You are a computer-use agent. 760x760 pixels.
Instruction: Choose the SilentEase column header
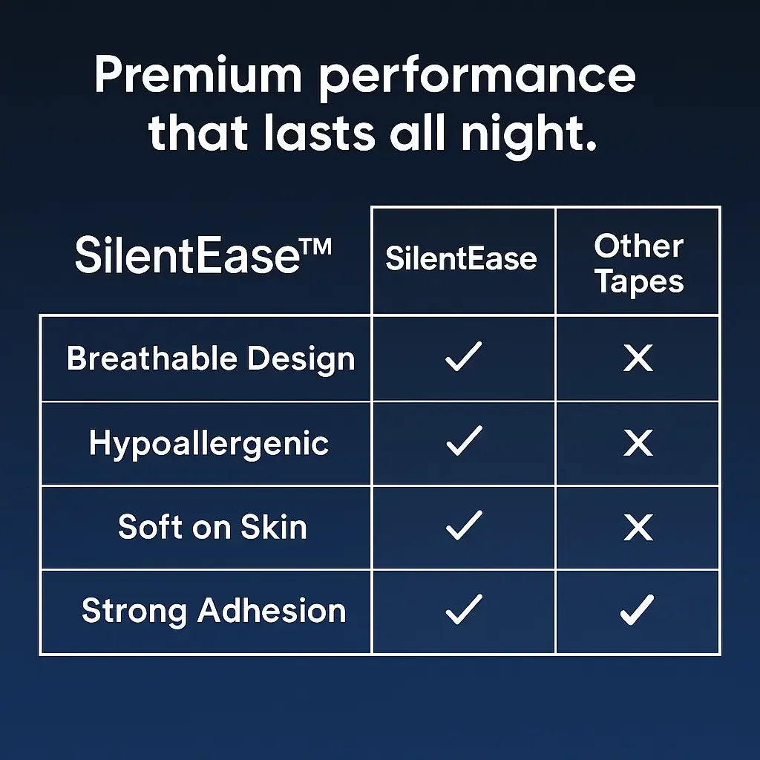click(461, 259)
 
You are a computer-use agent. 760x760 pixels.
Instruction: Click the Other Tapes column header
click(638, 263)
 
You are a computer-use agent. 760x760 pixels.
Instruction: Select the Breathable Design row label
click(211, 358)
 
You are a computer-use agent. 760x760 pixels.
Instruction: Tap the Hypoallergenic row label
click(209, 444)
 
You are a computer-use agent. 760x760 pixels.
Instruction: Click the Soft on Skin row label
click(212, 527)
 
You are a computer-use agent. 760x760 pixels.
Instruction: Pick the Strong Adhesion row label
click(214, 611)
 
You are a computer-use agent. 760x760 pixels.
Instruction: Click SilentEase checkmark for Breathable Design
click(464, 357)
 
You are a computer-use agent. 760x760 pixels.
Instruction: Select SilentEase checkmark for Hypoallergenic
click(464, 441)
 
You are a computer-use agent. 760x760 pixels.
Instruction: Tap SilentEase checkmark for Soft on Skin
click(464, 525)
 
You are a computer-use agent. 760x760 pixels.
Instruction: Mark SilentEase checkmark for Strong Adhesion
click(464, 610)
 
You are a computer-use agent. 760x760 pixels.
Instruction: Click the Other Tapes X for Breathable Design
click(638, 358)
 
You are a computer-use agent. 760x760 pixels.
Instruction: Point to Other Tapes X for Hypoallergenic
click(638, 444)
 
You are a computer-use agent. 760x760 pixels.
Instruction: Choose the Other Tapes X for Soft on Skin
click(638, 528)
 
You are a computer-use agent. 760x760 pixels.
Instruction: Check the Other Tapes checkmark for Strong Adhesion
click(638, 610)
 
